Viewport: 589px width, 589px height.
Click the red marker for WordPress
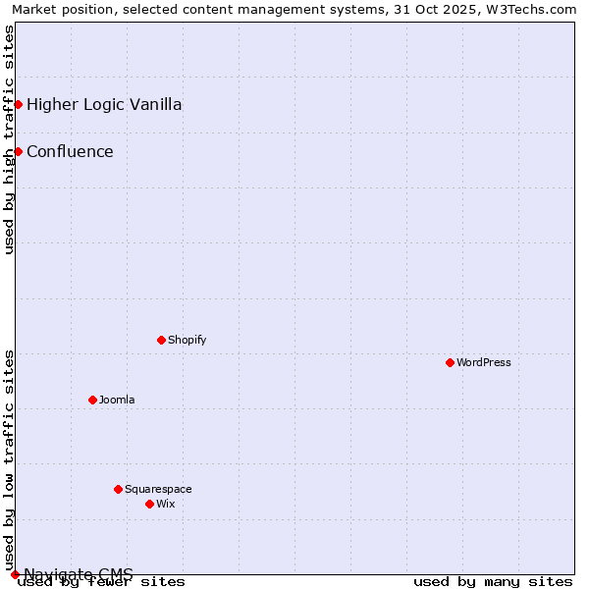pyautogui.click(x=450, y=362)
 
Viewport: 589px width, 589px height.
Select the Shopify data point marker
pyautogui.click(x=161, y=340)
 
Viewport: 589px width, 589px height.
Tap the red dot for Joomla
pyautogui.click(x=92, y=400)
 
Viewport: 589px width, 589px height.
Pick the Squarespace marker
pyautogui.click(x=118, y=489)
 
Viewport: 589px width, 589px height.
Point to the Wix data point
pyautogui.click(x=149, y=504)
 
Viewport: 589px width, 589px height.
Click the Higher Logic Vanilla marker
pyautogui.click(x=18, y=104)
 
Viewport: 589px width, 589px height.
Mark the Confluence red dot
pyautogui.click(x=18, y=151)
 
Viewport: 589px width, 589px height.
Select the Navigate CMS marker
pyautogui.click(x=15, y=574)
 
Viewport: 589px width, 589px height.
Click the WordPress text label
pyautogui.click(x=483, y=362)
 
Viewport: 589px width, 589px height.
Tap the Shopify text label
pyautogui.click(x=187, y=340)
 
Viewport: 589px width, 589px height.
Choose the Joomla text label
pyautogui.click(x=117, y=400)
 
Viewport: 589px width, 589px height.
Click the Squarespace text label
pyautogui.click(x=158, y=489)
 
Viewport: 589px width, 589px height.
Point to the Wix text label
pyautogui.click(x=165, y=504)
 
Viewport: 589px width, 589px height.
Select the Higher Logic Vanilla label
pyautogui.click(x=104, y=104)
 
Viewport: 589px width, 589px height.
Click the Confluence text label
pyautogui.click(x=70, y=151)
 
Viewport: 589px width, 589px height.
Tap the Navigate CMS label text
pyautogui.click(x=79, y=573)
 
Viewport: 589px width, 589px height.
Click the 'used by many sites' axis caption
pyautogui.click(x=493, y=582)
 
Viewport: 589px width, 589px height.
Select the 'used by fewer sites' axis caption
pyautogui.click(x=101, y=582)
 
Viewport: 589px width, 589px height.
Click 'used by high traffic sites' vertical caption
pyautogui.click(x=9, y=139)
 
